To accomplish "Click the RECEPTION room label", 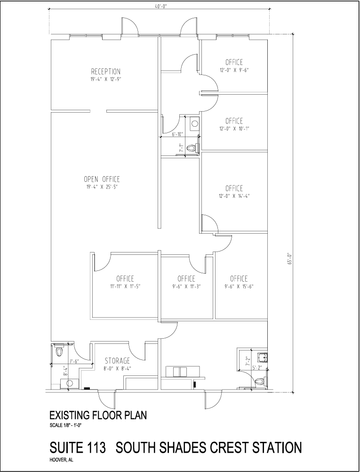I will [x=105, y=72].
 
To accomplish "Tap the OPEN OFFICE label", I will [x=102, y=179].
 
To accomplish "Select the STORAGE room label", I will [x=117, y=360].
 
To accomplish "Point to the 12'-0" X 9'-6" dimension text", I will [x=234, y=70].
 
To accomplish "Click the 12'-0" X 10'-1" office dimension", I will [x=234, y=129].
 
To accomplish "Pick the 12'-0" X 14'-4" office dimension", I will [x=234, y=196].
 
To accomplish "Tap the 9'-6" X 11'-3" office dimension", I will [x=186, y=286].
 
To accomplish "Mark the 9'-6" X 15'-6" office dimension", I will [x=240, y=286].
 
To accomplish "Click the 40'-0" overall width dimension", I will [x=160, y=5].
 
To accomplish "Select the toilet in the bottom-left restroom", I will [x=59, y=351].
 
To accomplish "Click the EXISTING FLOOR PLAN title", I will [x=98, y=415].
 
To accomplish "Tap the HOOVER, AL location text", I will [x=61, y=459].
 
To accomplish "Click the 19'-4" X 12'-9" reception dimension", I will [x=105, y=80].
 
